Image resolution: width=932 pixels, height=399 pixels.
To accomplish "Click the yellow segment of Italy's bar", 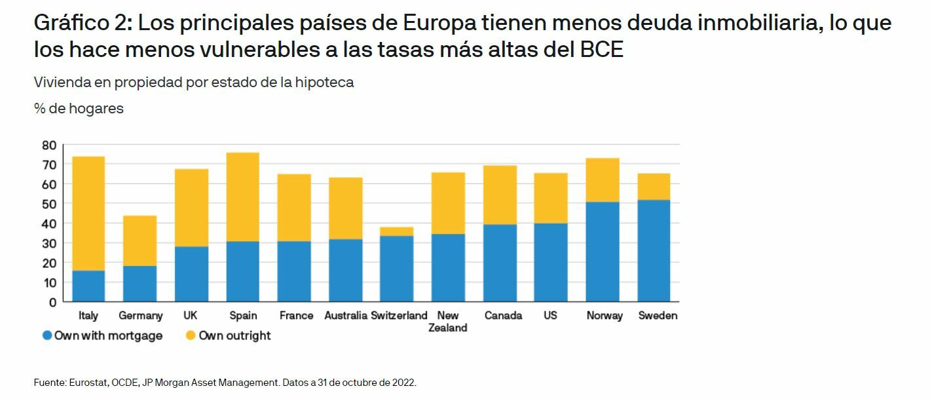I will [x=88, y=213].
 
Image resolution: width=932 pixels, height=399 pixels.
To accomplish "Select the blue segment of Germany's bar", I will [x=140, y=283].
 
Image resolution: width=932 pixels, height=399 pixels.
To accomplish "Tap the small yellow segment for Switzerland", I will [x=396, y=231].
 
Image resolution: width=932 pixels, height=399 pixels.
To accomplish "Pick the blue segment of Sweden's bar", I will [x=654, y=250].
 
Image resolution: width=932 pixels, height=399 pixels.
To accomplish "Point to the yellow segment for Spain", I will [x=243, y=197].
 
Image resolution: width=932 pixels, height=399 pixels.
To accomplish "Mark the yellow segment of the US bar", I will [x=551, y=198].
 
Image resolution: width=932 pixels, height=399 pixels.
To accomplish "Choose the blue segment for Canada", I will [x=500, y=262].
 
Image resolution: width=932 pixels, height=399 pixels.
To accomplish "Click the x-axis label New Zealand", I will [x=448, y=322].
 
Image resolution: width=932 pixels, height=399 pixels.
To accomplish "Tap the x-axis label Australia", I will [x=345, y=316].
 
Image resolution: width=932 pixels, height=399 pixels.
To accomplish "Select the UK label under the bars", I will [x=191, y=316].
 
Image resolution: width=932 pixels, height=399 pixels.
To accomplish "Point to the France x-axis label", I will [x=296, y=316].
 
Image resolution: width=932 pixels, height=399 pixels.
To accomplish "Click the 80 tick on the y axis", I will [x=50, y=145].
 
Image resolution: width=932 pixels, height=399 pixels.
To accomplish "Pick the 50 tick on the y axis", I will [x=50, y=204].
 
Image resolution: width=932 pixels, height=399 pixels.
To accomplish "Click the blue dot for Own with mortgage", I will [x=47, y=335].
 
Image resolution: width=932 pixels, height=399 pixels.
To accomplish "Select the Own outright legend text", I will [x=234, y=335].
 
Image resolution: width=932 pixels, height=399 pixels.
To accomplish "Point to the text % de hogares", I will [x=79, y=109].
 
